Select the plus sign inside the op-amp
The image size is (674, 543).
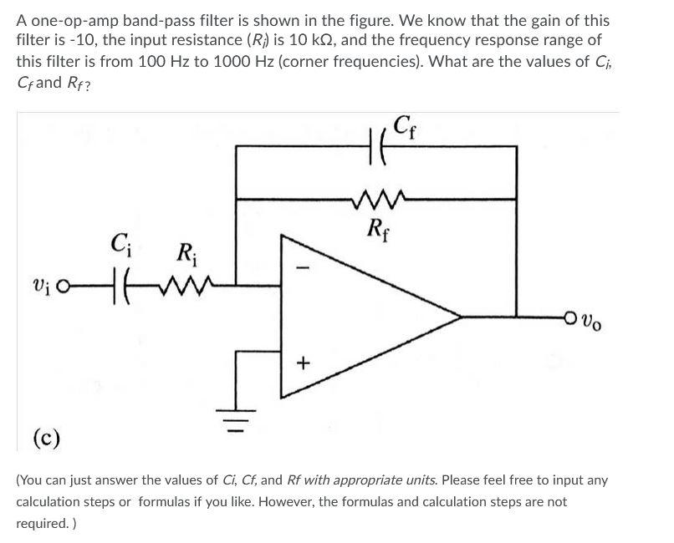[x=303, y=363]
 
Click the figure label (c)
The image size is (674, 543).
[x=46, y=438]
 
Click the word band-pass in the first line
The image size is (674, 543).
[x=144, y=21]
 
